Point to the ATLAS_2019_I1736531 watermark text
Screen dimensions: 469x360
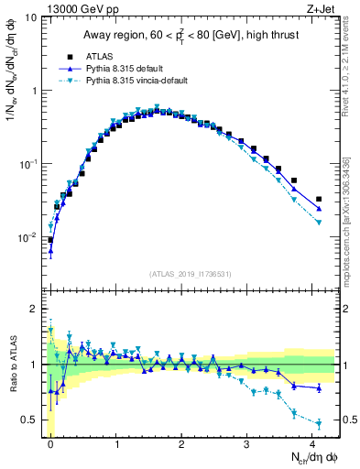[191, 274]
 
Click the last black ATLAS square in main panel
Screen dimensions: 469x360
[319, 199]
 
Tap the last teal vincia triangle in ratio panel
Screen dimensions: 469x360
[319, 423]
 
